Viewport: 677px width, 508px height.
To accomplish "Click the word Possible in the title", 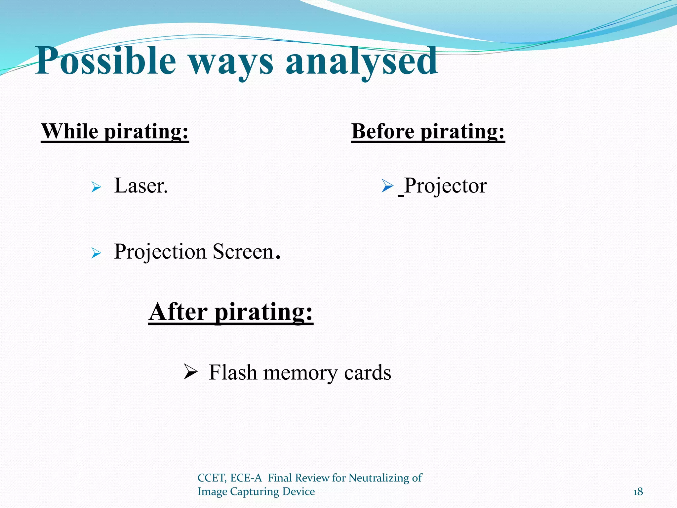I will click(x=105, y=61).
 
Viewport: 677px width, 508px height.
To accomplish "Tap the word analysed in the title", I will click(x=362, y=61).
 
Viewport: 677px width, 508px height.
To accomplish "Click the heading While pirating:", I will click(x=115, y=132).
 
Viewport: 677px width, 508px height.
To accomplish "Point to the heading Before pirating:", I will click(x=428, y=132).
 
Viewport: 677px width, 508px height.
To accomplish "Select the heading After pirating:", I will click(x=231, y=312).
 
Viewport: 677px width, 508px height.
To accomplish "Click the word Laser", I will click(x=141, y=186).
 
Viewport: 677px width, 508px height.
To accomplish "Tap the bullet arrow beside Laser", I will click(x=96, y=188).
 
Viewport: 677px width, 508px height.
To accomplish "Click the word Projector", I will click(x=445, y=186).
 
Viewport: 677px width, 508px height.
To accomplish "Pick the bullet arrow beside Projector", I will click(x=387, y=186).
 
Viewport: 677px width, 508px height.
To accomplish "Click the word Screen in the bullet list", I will click(x=243, y=252).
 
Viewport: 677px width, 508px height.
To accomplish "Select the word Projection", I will click(x=160, y=252).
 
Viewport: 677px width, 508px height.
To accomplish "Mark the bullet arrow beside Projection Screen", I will click(x=96, y=254).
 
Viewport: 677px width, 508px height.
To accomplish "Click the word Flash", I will click(x=233, y=373).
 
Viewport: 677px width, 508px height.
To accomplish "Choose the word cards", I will click(x=368, y=373).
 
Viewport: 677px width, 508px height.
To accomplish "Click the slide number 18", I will click(x=638, y=492).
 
